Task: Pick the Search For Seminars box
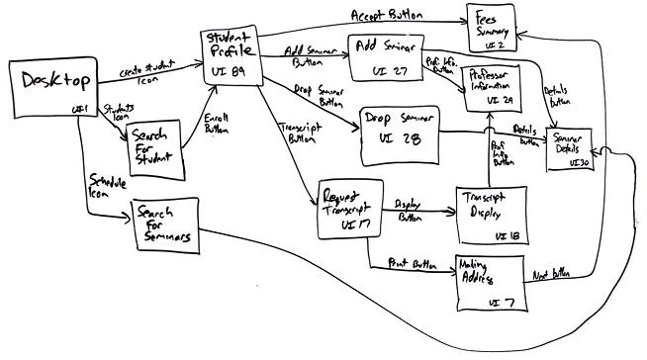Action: tap(163, 227)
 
